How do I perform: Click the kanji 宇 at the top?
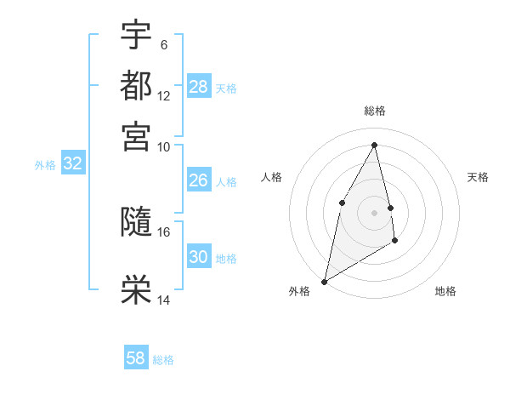coord(137,35)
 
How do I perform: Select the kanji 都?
coord(137,86)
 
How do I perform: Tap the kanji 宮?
coord(137,136)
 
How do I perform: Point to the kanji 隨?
coord(137,221)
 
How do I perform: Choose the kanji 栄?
coord(137,289)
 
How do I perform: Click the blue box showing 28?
coord(199,87)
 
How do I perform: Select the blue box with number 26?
coord(199,180)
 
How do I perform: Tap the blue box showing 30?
coord(199,257)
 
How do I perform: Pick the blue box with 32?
coord(72,164)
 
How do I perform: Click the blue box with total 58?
coord(136,358)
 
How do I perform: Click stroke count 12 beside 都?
coord(163,96)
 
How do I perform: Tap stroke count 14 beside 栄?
coord(163,300)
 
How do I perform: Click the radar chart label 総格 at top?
coord(375,111)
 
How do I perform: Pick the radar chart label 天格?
coord(478,177)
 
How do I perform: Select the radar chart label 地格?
coord(445,291)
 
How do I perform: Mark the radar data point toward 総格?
coord(375,145)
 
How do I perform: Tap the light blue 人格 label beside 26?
coord(226,181)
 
